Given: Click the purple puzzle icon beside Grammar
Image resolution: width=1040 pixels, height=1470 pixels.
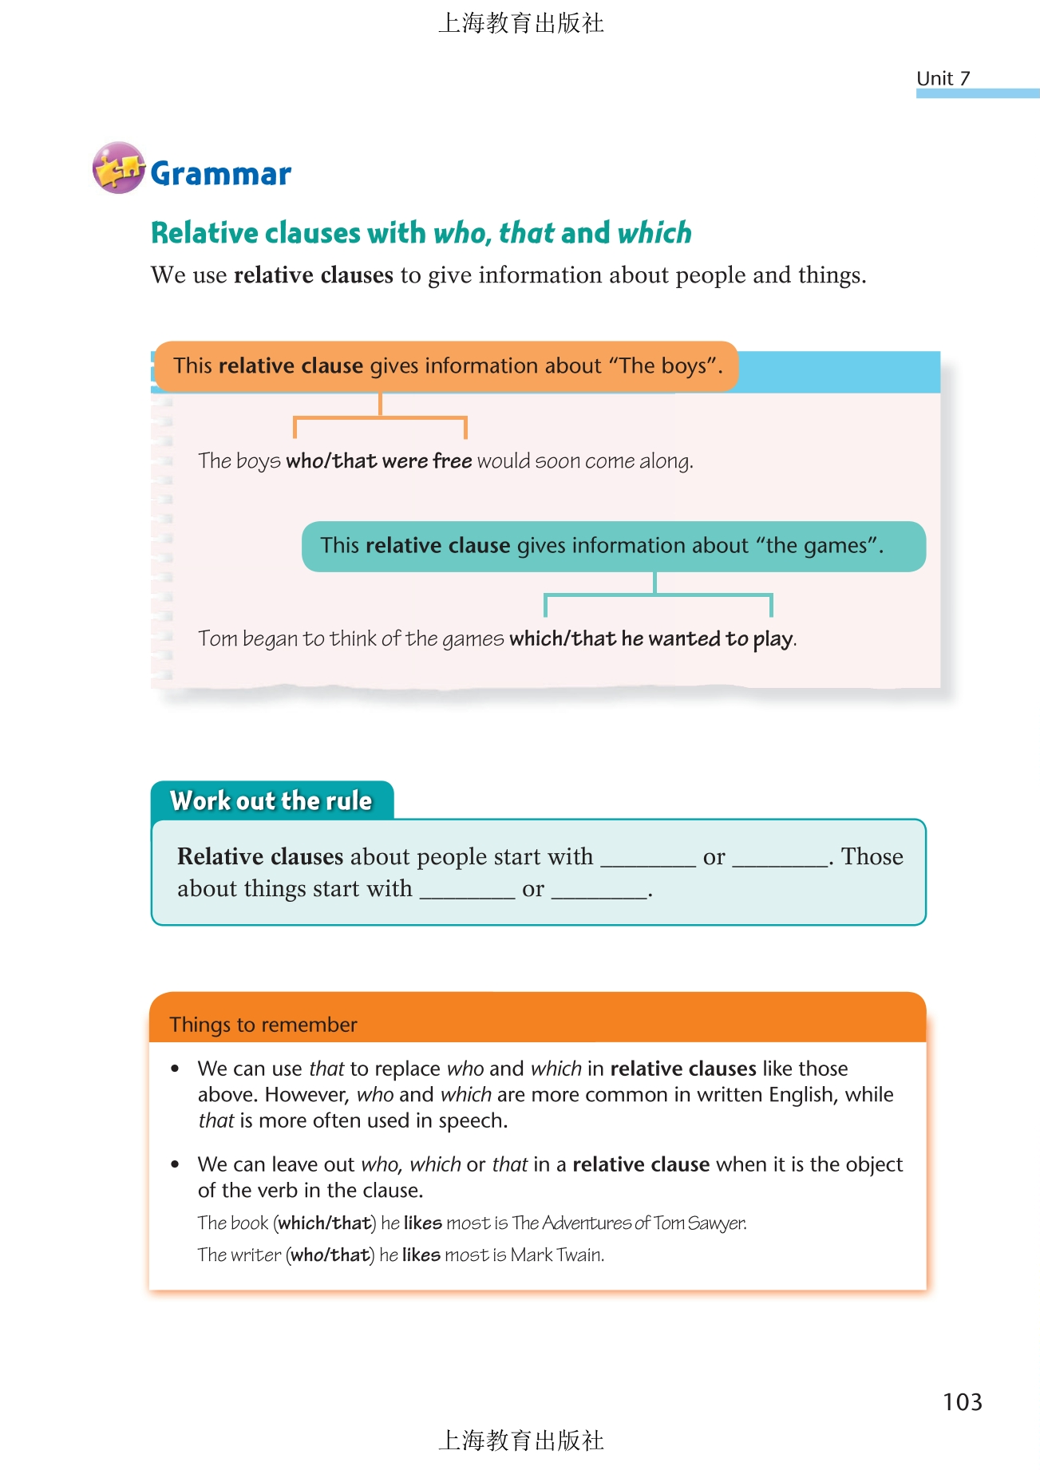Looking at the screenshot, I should (118, 168).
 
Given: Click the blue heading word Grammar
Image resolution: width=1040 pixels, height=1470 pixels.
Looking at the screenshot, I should (221, 174).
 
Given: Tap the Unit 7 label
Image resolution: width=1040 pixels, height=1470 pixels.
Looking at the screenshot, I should (943, 78).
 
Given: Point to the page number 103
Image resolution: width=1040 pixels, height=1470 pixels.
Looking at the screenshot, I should (962, 1402).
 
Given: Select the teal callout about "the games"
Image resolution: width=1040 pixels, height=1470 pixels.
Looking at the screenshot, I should (613, 547).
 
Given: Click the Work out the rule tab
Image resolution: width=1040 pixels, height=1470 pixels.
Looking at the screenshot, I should (271, 800).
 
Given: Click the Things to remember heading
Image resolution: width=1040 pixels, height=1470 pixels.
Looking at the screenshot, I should (263, 1025).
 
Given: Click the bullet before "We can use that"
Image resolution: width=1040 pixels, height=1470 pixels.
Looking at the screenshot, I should (176, 1069).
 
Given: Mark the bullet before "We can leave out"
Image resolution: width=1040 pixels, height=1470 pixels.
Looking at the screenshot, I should (176, 1165).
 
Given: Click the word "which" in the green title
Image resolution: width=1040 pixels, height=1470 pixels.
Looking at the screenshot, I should (654, 233).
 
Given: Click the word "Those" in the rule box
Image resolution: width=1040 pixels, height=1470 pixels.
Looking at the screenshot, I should (872, 857).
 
